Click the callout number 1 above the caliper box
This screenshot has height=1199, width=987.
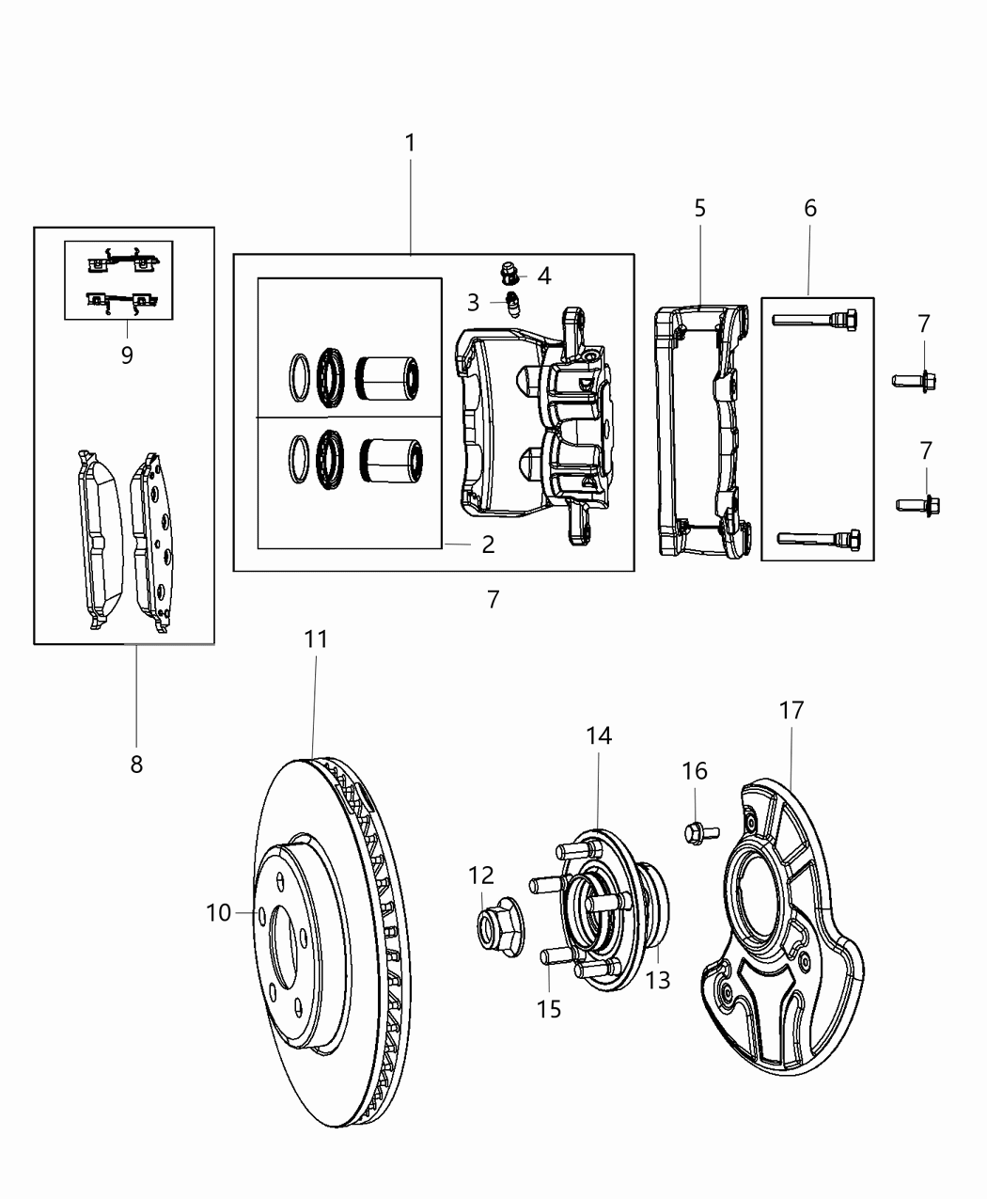pyautogui.click(x=410, y=143)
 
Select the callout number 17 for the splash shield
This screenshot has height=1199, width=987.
pyautogui.click(x=791, y=711)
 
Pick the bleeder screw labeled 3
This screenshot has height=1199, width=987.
pyautogui.click(x=513, y=305)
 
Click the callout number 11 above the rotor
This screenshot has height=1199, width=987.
pyautogui.click(x=317, y=639)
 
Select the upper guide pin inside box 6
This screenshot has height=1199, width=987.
pyautogui.click(x=815, y=321)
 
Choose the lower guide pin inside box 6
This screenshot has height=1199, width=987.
pyautogui.click(x=819, y=539)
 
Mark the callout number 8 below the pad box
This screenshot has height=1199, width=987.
pyautogui.click(x=136, y=765)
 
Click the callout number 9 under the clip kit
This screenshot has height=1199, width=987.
pyautogui.click(x=127, y=355)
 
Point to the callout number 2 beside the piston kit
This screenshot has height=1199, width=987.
pyautogui.click(x=488, y=544)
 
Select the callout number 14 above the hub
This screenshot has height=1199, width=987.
pyautogui.click(x=599, y=736)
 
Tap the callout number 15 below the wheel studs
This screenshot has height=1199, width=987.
pyautogui.click(x=549, y=1009)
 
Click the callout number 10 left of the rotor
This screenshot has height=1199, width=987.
pyautogui.click(x=218, y=912)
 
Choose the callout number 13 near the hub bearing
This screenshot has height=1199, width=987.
pyautogui.click(x=658, y=980)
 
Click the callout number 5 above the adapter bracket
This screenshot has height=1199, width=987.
pyautogui.click(x=700, y=208)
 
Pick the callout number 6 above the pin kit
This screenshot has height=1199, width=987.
pyautogui.click(x=810, y=208)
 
